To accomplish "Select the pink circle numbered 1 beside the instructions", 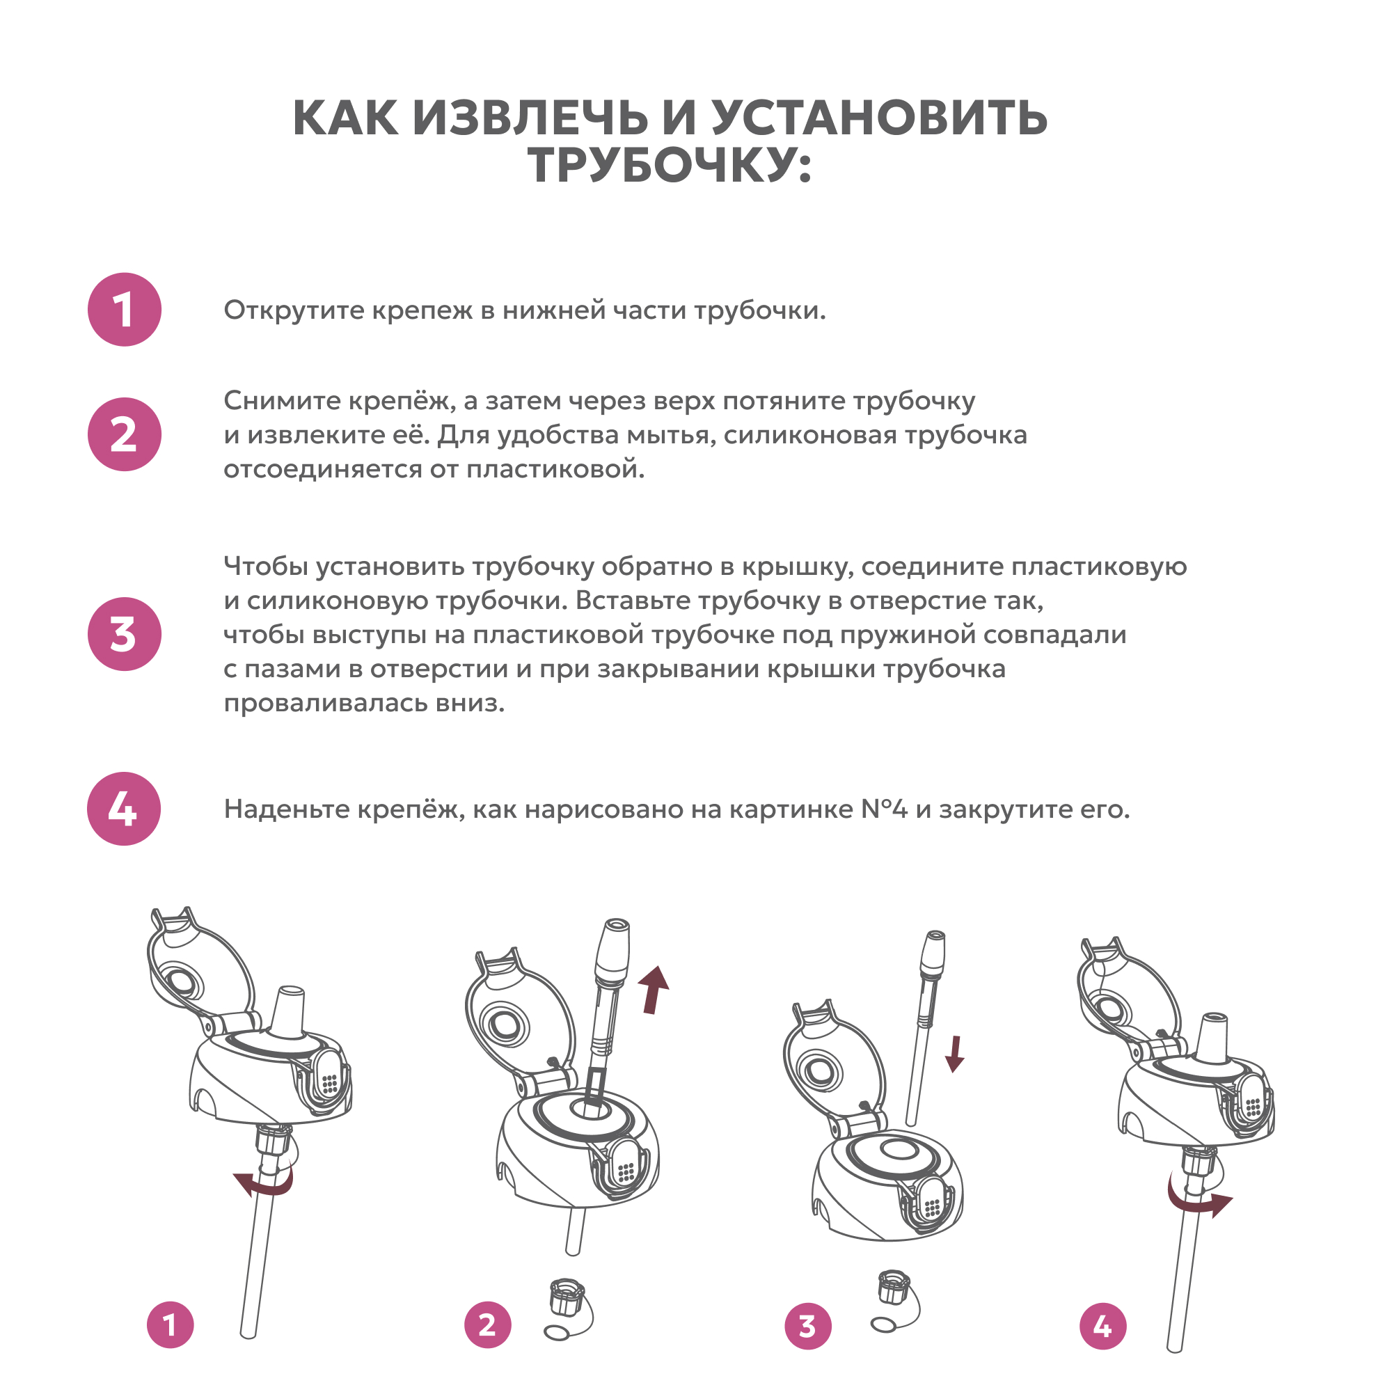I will pyautogui.click(x=125, y=310).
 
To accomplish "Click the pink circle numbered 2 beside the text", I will pyautogui.click(x=125, y=434).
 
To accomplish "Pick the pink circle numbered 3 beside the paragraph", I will pyautogui.click(x=125, y=634).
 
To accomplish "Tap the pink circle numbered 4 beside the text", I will pyautogui.click(x=124, y=808).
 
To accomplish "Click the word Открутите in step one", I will pyautogui.click(x=294, y=310).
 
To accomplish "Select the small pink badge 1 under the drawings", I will pyautogui.click(x=171, y=1324).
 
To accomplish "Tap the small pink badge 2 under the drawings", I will pyautogui.click(x=488, y=1324).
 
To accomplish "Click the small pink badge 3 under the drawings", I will pyautogui.click(x=807, y=1326).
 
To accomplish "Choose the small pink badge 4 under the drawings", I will pyautogui.click(x=1103, y=1326).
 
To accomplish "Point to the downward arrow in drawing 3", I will pyautogui.click(x=956, y=1054).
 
